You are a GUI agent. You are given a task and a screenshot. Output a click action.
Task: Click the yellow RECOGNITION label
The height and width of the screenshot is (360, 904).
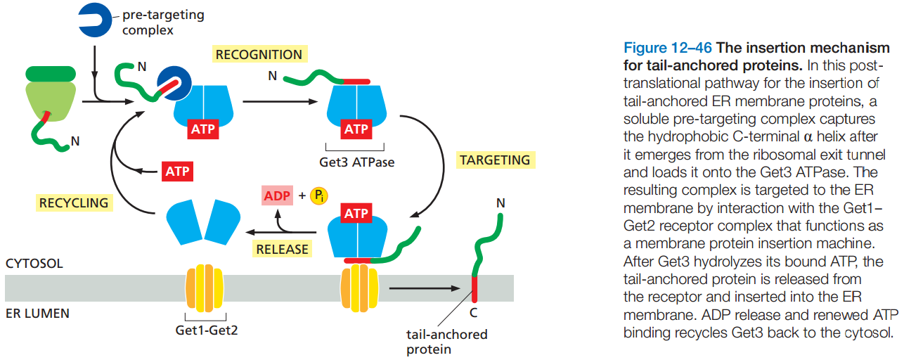coord(259,55)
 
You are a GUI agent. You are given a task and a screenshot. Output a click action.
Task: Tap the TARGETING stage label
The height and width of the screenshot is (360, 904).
coord(495,160)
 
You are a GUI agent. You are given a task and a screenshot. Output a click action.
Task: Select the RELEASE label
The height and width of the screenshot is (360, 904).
coord(282,249)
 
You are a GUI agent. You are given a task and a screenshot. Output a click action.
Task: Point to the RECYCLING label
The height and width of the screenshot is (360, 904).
coord(74,203)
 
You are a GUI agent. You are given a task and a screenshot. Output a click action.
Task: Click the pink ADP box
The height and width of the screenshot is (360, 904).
coord(277,195)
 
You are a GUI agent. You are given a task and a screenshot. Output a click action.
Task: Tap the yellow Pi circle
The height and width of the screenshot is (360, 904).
coord(319,195)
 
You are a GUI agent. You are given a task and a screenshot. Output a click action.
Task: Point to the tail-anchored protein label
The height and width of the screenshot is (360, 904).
coord(447,342)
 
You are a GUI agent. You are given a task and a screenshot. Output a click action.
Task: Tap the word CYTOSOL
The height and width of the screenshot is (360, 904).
coord(34,264)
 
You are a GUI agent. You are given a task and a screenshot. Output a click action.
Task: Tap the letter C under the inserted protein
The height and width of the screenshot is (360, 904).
coord(473,312)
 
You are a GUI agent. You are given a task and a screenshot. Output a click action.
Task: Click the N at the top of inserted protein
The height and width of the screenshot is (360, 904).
coord(501,203)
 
